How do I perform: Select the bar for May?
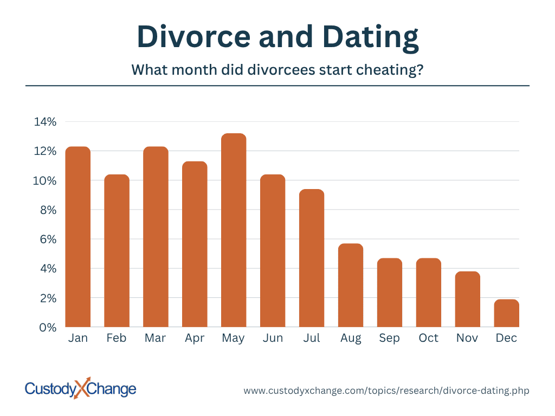tap(234, 230)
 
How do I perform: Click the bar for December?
tap(507, 313)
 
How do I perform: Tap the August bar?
tap(351, 285)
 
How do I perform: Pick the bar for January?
tap(78, 237)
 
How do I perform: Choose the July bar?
tap(312, 258)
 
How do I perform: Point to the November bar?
tap(468, 299)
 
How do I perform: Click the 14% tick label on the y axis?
tap(45, 122)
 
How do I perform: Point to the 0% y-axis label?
tap(48, 328)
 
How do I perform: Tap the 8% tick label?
tap(48, 210)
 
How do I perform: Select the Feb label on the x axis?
tap(117, 338)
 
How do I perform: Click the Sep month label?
tap(389, 339)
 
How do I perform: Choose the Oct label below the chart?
tap(429, 338)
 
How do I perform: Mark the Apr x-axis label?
tap(195, 339)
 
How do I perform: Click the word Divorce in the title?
tap(194, 36)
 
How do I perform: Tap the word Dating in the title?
tap(371, 38)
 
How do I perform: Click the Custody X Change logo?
tap(80, 388)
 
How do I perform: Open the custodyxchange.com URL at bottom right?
tap(386, 391)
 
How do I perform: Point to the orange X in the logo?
tap(82, 388)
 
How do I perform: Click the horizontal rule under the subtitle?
tap(277, 86)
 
